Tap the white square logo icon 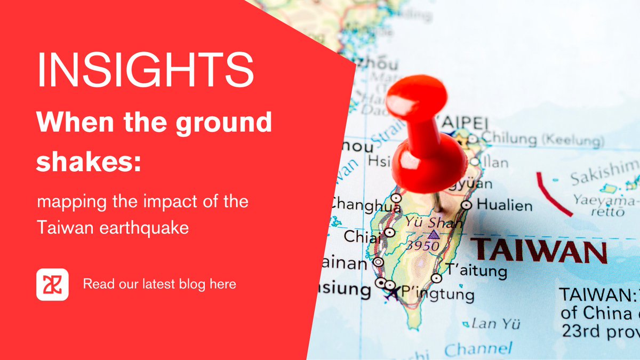(x=52, y=285)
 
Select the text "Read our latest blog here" (x=159, y=284)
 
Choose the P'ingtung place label (x=437, y=294)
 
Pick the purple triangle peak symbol (x=433, y=234)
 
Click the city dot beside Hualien (x=467, y=205)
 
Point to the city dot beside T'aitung (x=437, y=278)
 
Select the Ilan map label (x=495, y=162)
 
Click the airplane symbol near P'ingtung (x=394, y=292)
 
